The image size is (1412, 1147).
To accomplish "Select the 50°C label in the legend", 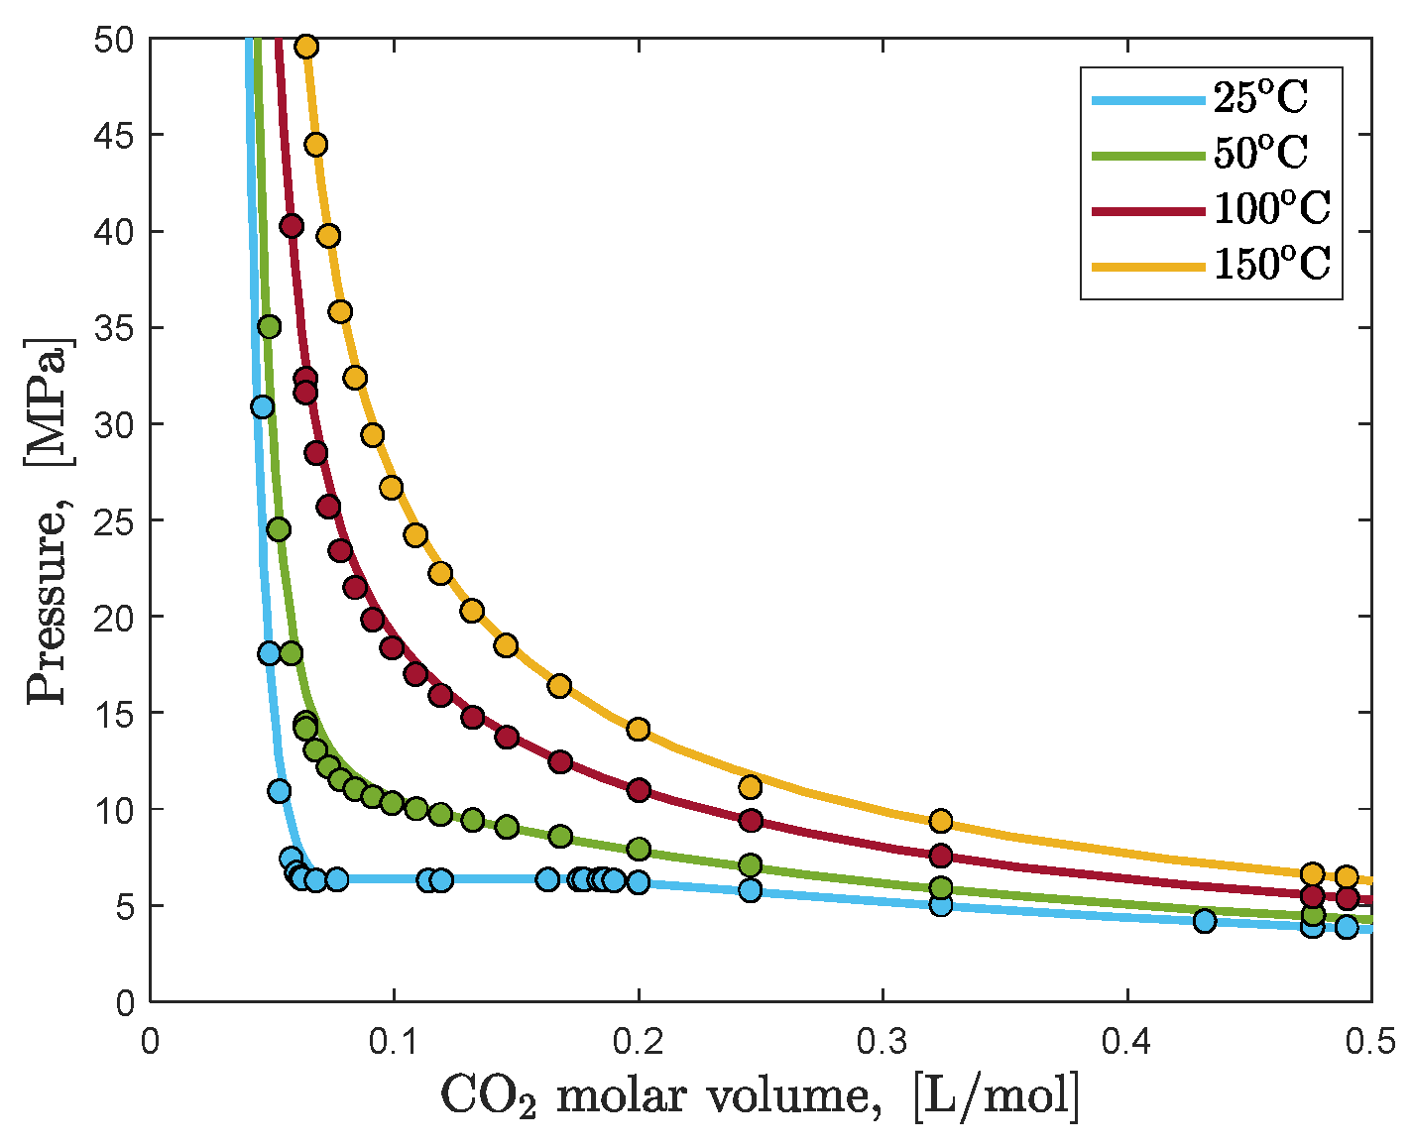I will tap(1260, 154).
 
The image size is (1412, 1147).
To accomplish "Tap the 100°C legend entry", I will tap(1271, 209).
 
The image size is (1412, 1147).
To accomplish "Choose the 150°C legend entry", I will tap(1271, 265).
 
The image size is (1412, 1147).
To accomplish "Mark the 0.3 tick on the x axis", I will tap(882, 1042).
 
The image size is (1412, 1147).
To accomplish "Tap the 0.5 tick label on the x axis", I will tap(1370, 1042).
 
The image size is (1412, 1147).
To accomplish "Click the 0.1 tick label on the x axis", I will tap(394, 1042).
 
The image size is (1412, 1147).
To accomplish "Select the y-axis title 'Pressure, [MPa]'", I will tap(49, 520).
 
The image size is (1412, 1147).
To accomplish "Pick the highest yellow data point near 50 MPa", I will tap(306, 47).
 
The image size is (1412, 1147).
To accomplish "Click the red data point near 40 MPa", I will tap(291, 226).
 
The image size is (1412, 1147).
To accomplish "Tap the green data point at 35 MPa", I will tap(269, 326).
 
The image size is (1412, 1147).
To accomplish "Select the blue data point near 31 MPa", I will tap(262, 406).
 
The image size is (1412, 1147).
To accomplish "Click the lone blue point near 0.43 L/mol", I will tap(1204, 921).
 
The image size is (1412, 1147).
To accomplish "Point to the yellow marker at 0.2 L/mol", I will tap(638, 730).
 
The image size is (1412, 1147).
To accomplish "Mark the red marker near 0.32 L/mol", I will tap(940, 856).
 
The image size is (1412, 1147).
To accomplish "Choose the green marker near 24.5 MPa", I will tap(279, 529).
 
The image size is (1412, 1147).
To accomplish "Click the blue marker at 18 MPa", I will tap(269, 653).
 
